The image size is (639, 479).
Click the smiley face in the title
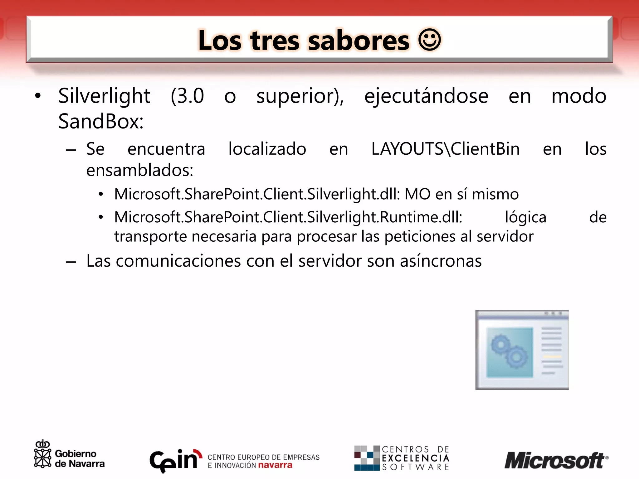429,40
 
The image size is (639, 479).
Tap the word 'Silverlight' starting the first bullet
104,96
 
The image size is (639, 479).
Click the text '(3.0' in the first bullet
187,96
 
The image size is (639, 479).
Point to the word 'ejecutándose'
426,96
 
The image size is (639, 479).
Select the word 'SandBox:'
101,121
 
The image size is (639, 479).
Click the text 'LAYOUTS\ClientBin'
445,149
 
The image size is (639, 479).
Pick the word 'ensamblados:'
139,170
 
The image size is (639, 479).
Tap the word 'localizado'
267,149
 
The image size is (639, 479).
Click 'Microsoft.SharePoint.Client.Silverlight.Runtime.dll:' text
288,217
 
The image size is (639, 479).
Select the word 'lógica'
525,217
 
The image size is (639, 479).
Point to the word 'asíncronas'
441,261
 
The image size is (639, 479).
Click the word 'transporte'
150,236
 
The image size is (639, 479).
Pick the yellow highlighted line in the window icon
552,356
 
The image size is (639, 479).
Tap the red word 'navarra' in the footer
275,465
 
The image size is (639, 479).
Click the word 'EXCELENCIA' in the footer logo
415,458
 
